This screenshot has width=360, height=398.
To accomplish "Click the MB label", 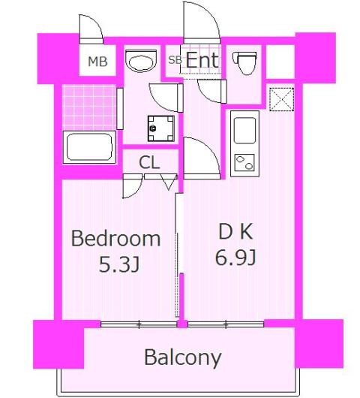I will pos(97,62).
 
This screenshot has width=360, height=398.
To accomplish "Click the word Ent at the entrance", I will pos(202,60).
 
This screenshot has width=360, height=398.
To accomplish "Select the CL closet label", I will pos(149,161).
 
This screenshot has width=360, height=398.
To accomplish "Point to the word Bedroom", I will pos(115,239).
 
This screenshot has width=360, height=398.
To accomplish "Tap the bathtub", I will pos(89,146).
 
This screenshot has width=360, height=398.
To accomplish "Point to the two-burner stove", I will pos(245,162).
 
